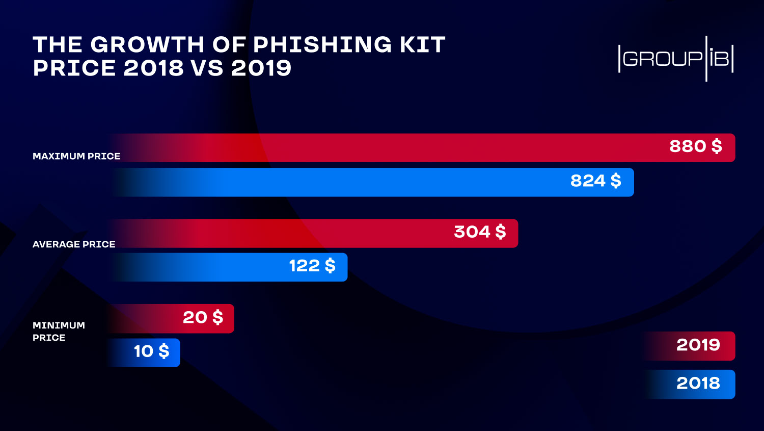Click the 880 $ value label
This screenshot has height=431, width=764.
(695, 146)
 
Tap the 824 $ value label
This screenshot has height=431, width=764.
(595, 181)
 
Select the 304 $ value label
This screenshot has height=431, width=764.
(480, 232)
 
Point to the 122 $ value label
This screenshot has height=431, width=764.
(312, 266)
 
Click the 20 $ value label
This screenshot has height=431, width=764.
(203, 318)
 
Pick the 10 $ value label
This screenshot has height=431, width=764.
(151, 351)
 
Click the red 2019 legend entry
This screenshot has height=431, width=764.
(698, 345)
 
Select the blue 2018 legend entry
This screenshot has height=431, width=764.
(698, 384)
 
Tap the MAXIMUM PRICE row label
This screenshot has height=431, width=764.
(76, 156)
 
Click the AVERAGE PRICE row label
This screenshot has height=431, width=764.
(74, 244)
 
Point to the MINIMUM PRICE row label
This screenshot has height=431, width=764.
(59, 332)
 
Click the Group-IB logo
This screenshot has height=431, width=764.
(675, 59)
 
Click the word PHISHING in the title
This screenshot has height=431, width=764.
(322, 45)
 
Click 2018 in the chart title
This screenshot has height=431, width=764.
(153, 68)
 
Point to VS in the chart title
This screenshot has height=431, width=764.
(207, 68)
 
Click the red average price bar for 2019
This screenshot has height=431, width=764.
(357, 233)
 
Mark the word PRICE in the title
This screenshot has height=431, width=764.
(74, 68)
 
